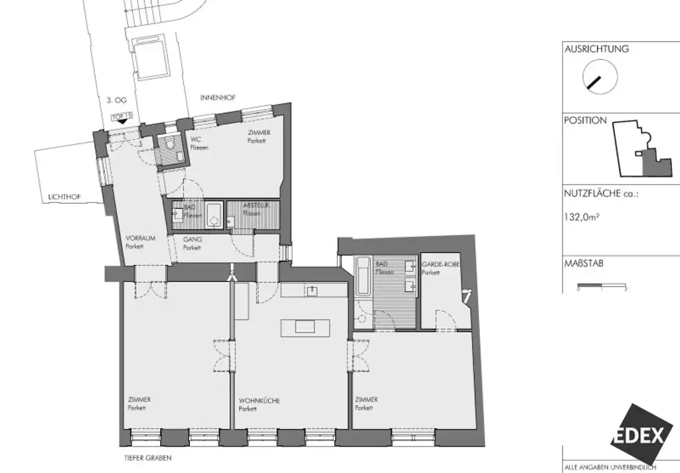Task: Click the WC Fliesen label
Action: coord(199,143)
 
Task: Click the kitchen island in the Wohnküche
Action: coord(305,326)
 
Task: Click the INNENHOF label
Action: coord(218,97)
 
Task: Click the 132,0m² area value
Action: coord(582,215)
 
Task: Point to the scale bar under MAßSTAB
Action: coord(602,286)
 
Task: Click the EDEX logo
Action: coord(637,436)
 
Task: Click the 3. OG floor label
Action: coord(117,101)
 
